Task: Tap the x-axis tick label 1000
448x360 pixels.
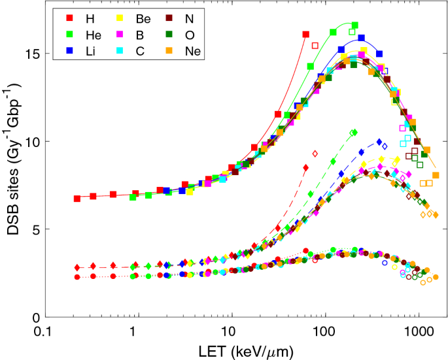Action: pos(417,332)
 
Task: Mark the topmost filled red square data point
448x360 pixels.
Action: pos(305,34)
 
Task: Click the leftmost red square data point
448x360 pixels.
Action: pos(77,198)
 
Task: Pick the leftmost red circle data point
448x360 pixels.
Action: pos(77,277)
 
